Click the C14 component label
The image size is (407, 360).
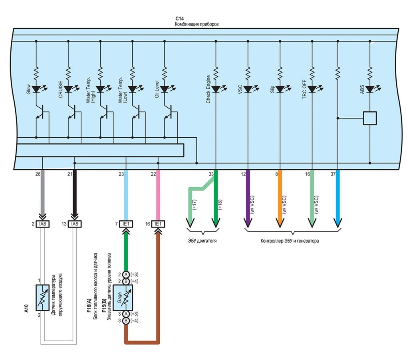click(179, 19)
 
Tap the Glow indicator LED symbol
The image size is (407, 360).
click(36, 89)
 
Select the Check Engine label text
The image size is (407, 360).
click(208, 89)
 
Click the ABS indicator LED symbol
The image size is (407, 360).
click(370, 89)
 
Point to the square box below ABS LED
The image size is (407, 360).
click(370, 118)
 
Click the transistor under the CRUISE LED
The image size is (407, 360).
click(72, 112)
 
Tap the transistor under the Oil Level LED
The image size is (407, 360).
click(168, 112)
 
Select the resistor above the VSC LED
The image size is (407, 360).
click(248, 73)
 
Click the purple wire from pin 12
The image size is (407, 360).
click(248, 198)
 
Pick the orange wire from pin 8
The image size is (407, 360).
click(280, 198)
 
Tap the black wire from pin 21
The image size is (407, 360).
click(75, 193)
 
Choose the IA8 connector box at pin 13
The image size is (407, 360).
click(75, 224)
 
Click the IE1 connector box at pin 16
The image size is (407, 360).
click(158, 224)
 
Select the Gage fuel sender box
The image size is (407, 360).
click(123, 298)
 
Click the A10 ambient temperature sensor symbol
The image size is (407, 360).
click(42, 298)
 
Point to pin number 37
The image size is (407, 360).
click(333, 174)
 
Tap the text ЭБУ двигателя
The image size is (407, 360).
click(202, 241)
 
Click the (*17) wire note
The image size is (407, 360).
click(195, 205)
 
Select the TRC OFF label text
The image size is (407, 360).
click(304, 89)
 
